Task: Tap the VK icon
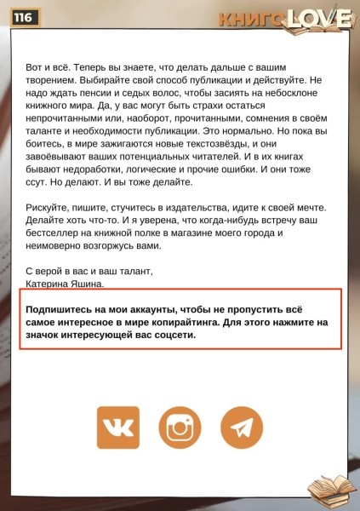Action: pyautogui.click(x=117, y=428)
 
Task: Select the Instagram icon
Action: pyautogui.click(x=180, y=428)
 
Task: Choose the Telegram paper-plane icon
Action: pyautogui.click(x=242, y=428)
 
